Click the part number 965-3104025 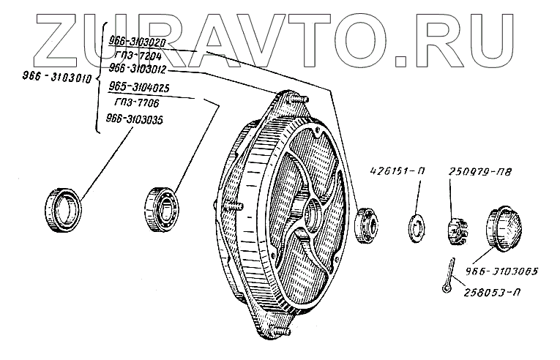click(x=139, y=88)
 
